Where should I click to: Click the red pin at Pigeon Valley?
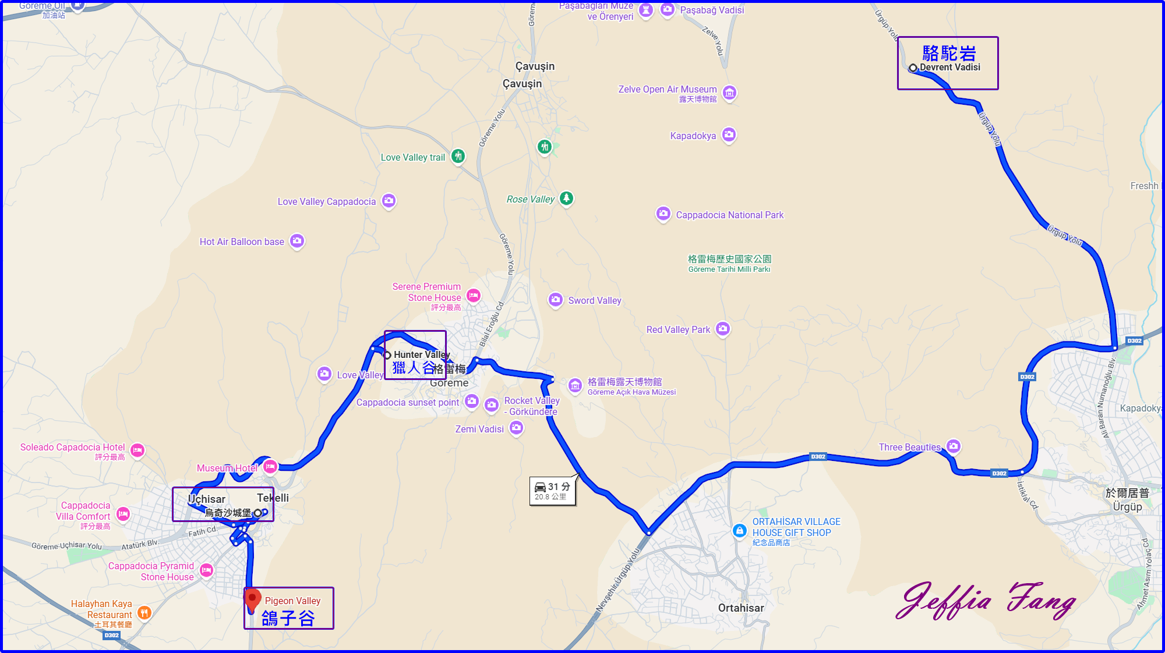click(252, 599)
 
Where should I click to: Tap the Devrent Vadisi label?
click(949, 68)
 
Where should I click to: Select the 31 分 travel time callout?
click(552, 491)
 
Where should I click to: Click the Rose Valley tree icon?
click(566, 198)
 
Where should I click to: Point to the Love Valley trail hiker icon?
click(458, 156)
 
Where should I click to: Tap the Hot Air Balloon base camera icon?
click(297, 240)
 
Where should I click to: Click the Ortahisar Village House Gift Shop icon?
click(740, 530)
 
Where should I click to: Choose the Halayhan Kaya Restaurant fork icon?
click(144, 612)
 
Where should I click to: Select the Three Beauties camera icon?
click(954, 446)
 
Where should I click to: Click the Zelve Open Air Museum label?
click(668, 89)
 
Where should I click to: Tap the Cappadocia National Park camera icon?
click(663, 214)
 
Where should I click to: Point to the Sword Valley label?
click(595, 300)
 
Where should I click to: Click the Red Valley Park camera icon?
click(723, 329)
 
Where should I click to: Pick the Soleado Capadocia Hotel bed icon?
click(137, 449)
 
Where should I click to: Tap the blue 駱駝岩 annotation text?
click(949, 53)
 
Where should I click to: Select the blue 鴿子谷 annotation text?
click(288, 618)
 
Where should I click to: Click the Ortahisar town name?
click(741, 608)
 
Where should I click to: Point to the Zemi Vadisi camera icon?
click(516, 428)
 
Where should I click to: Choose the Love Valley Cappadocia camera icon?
click(389, 201)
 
